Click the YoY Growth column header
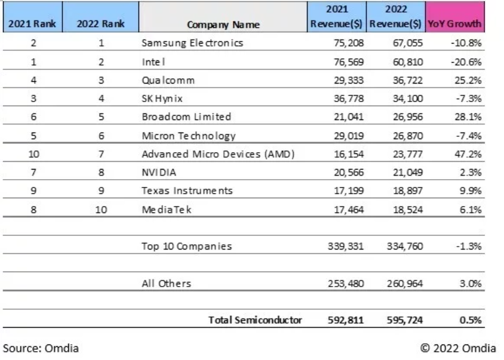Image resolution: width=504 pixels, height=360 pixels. (x=454, y=23)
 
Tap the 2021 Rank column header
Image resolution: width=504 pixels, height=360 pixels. (x=32, y=23)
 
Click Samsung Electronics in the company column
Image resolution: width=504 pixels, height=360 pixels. (x=192, y=43)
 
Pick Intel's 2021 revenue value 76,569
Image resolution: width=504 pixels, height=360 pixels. (x=349, y=61)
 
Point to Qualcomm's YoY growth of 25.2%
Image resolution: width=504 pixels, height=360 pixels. (x=468, y=80)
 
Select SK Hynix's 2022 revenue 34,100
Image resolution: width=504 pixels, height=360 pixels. (x=408, y=99)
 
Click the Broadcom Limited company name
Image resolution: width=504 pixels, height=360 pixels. (x=186, y=116)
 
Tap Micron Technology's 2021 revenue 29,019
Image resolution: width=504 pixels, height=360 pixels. (x=349, y=136)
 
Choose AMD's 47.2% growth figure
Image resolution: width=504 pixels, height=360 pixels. (x=468, y=154)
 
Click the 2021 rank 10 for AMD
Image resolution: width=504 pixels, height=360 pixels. (x=34, y=154)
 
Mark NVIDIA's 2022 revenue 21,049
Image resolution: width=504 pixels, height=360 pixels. (x=408, y=173)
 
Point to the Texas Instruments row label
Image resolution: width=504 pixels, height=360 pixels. (x=187, y=190)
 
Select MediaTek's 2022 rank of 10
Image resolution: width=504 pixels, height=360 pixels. (x=101, y=210)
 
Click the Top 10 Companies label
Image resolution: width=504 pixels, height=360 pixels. (x=187, y=246)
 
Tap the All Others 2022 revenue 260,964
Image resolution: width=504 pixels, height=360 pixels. (x=405, y=284)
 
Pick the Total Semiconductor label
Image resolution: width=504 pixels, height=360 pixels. (x=255, y=320)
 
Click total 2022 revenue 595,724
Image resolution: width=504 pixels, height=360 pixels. (x=405, y=320)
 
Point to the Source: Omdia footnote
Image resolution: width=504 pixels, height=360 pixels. (x=41, y=348)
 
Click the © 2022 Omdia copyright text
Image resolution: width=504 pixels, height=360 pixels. (x=458, y=348)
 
